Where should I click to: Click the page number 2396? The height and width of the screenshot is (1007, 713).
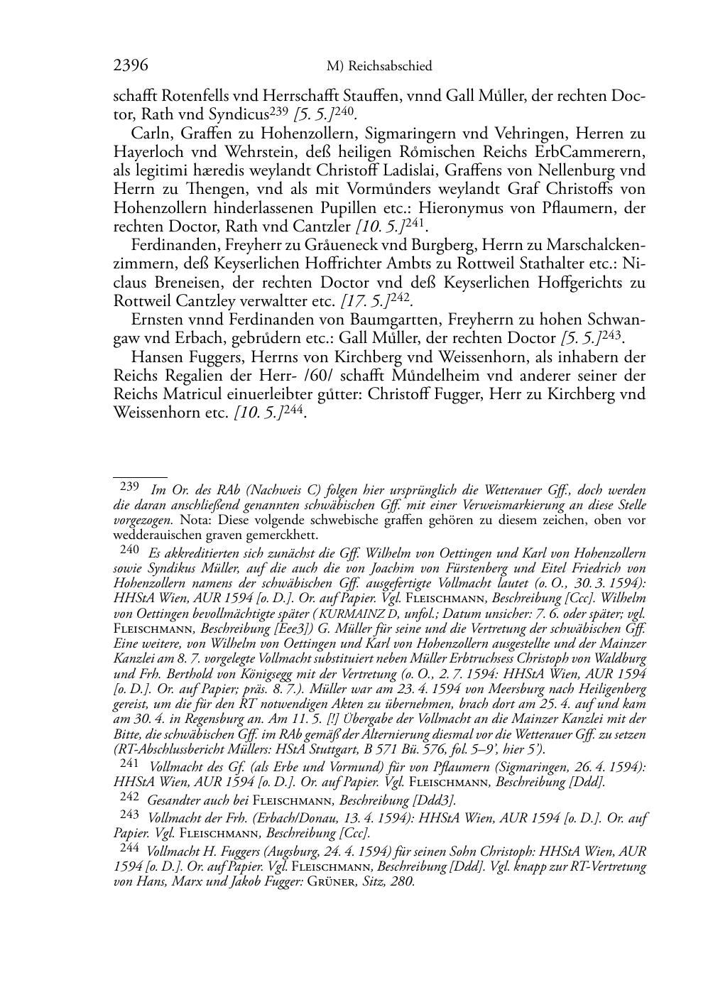pyautogui.click(x=131, y=66)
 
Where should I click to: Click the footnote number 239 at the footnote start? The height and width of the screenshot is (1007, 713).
pyautogui.click(x=129, y=488)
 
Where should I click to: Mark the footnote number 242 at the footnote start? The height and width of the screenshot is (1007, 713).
pyautogui.click(x=129, y=798)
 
